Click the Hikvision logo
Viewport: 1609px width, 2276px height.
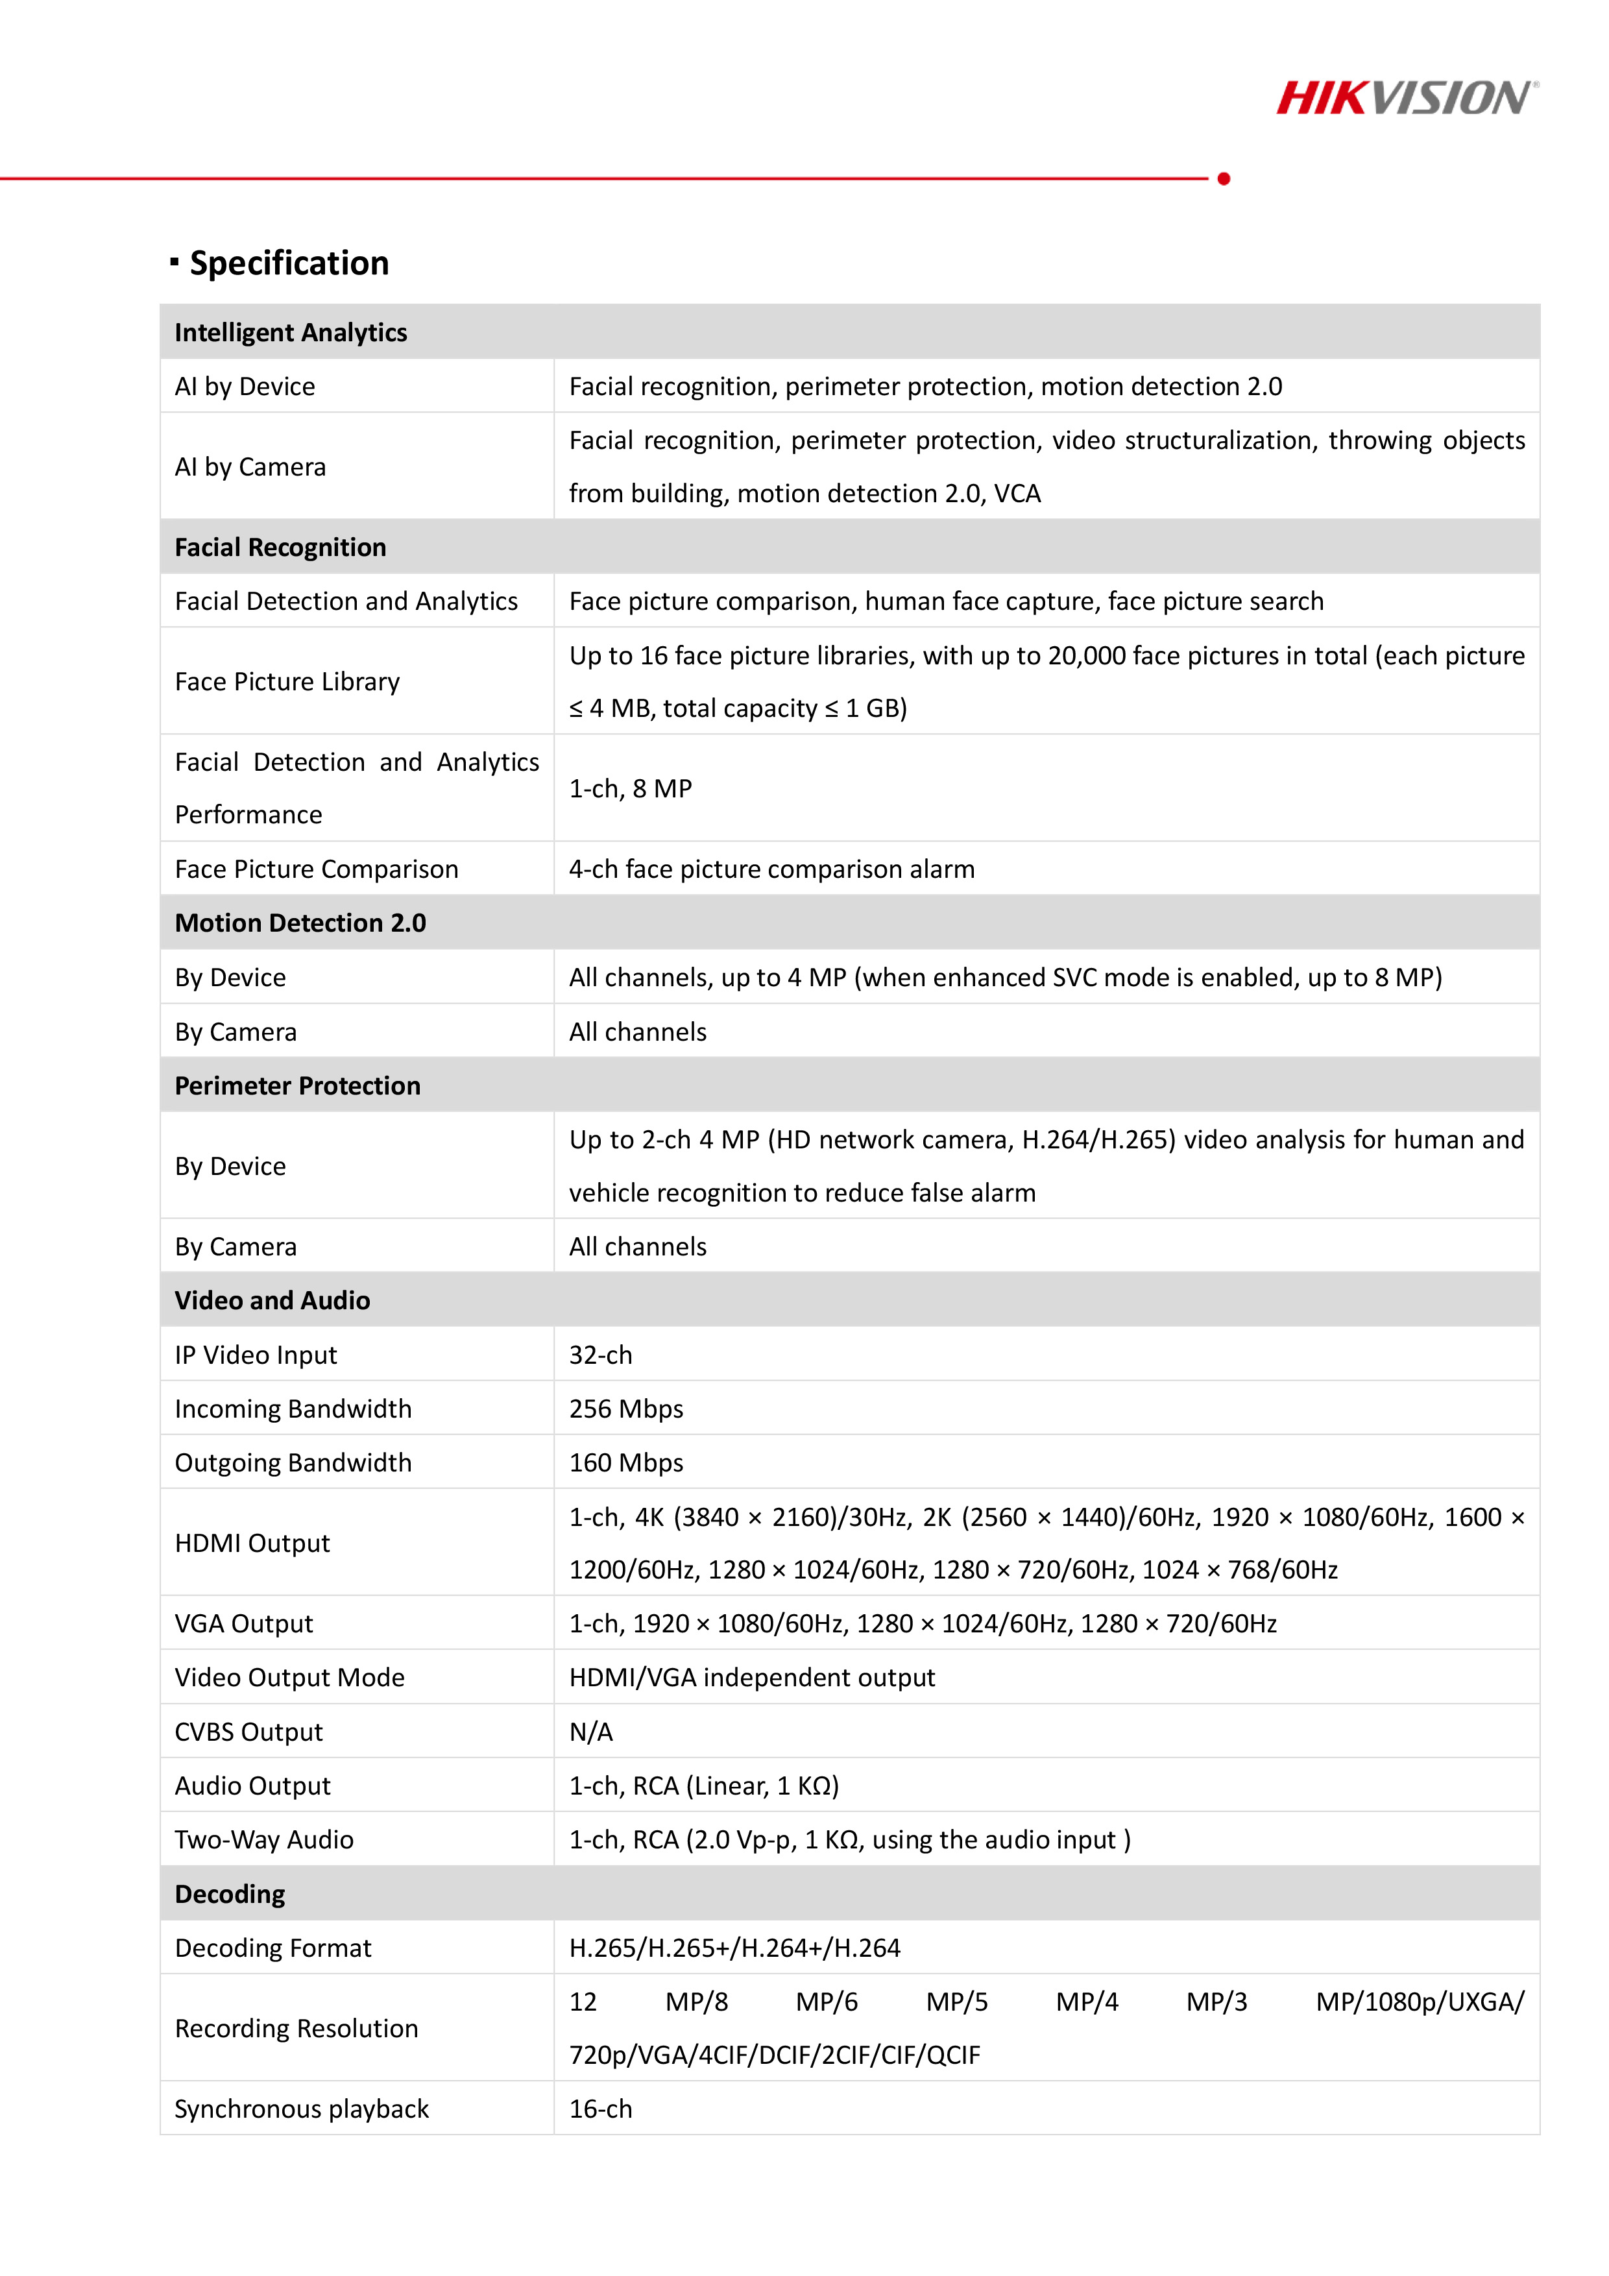tap(1407, 97)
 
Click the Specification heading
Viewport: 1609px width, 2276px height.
tap(289, 263)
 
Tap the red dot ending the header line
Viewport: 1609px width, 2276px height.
tap(1224, 178)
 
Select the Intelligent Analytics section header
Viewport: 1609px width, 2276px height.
tap(291, 332)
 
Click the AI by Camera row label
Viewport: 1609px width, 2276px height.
tap(250, 467)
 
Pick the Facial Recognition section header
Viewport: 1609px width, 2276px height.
tap(280, 547)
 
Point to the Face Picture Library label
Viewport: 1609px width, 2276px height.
tap(287, 682)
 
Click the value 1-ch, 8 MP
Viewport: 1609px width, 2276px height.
tap(631, 788)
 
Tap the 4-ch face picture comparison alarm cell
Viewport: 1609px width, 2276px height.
tap(771, 869)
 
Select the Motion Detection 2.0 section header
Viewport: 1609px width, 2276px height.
tap(300, 923)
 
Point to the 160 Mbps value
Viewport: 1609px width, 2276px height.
tap(625, 1463)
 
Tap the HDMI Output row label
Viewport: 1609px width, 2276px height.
tap(252, 1544)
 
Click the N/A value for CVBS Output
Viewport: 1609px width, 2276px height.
tap(591, 1732)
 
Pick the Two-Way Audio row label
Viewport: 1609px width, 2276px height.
tap(263, 1840)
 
